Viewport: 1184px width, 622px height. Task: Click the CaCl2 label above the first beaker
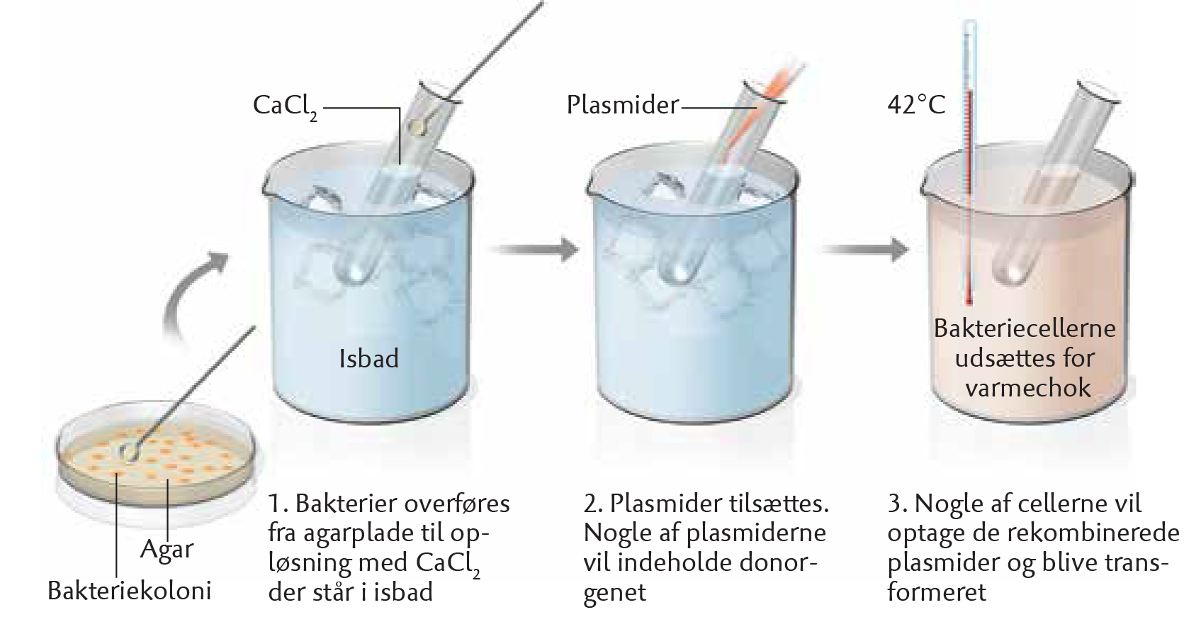pos(286,107)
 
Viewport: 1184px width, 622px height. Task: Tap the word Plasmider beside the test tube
pos(623,105)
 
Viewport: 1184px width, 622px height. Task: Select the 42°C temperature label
pos(916,105)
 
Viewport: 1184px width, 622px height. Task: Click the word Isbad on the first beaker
pos(369,359)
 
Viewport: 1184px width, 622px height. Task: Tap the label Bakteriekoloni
pos(130,590)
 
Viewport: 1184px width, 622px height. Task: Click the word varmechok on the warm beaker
pos(1028,388)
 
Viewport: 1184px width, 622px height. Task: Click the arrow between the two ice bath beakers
pos(534,249)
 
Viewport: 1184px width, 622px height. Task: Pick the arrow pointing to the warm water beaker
pos(865,249)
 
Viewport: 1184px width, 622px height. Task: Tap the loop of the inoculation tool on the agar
pos(129,451)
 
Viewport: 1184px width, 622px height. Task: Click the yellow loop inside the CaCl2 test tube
pos(419,126)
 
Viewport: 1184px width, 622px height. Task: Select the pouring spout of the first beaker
pos(268,182)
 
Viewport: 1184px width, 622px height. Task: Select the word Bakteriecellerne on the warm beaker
pos(1025,328)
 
